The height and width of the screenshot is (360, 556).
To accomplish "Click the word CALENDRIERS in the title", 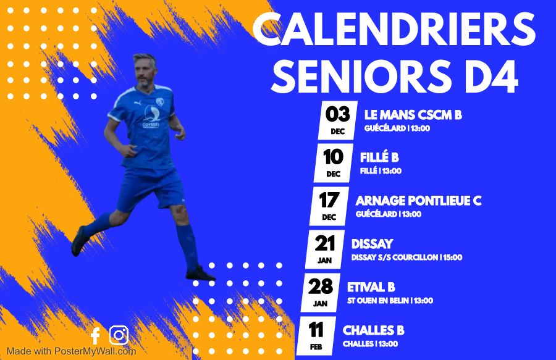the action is (x=394, y=29).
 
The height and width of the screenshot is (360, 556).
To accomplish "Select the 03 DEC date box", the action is (x=337, y=120).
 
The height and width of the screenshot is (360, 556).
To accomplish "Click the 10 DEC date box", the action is (x=334, y=164).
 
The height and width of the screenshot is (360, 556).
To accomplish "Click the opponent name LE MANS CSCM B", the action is (x=413, y=115).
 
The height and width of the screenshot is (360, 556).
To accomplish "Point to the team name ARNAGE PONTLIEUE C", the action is (x=418, y=201).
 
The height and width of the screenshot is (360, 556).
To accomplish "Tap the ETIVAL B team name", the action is (x=371, y=287).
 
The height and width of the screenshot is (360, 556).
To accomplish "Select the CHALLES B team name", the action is (x=373, y=330).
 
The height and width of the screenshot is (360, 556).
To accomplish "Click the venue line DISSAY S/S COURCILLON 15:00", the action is (x=406, y=257).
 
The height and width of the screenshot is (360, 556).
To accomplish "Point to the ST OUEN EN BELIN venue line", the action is (x=390, y=301).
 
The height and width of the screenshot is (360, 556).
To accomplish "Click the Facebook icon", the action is (x=95, y=336).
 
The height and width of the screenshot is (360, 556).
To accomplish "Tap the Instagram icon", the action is (x=119, y=335).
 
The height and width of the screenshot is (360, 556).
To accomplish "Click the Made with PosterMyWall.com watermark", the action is (x=71, y=351).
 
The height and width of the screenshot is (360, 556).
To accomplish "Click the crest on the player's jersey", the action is (x=160, y=102).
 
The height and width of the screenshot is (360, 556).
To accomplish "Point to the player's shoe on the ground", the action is (x=200, y=274).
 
